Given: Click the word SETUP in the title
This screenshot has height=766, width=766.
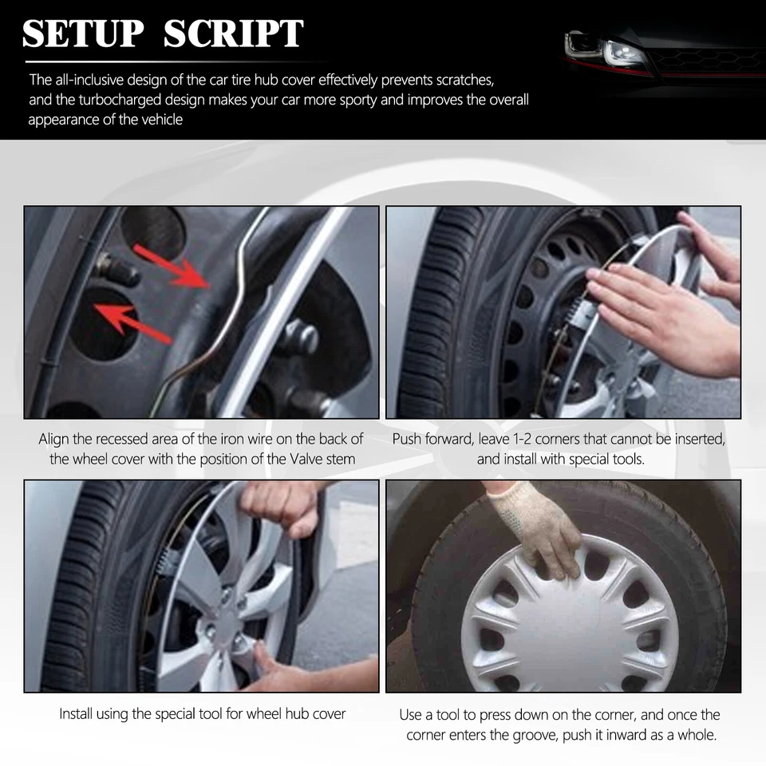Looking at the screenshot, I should pos(82,34).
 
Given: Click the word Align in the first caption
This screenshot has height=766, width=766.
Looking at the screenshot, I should pos(55,439).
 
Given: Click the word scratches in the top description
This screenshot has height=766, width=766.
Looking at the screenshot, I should pos(467,80).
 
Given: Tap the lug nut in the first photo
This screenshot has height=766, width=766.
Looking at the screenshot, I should pos(296,335).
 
